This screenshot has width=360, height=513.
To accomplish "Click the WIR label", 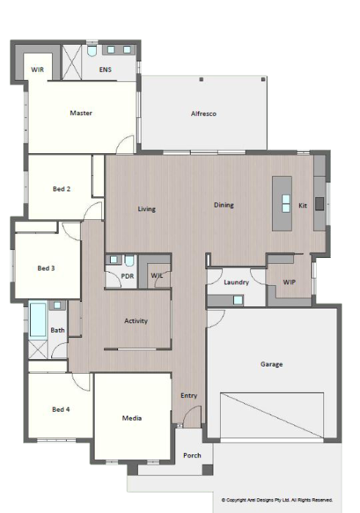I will click(37, 70).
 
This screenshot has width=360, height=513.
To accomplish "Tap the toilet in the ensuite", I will click(92, 52).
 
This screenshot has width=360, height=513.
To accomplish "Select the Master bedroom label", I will click(81, 113).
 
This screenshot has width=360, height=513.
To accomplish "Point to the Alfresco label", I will click(203, 114).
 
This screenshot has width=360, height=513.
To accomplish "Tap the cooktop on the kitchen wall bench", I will click(320, 204).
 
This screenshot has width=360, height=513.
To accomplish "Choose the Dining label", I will click(224, 205).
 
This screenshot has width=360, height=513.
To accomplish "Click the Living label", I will click(147, 209).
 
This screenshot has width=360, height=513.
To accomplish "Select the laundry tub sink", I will click(238, 300).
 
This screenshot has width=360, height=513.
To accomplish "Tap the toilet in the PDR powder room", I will click(128, 261).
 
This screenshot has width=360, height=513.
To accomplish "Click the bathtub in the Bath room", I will click(37, 320).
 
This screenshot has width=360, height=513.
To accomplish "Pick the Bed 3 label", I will click(46, 268).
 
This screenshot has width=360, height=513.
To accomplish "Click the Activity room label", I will click(136, 321).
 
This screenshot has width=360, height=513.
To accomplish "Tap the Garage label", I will click(271, 364).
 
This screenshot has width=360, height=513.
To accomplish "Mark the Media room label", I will click(131, 418).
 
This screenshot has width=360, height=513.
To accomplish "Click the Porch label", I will click(191, 455).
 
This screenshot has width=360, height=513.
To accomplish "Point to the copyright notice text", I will click(277, 500).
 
